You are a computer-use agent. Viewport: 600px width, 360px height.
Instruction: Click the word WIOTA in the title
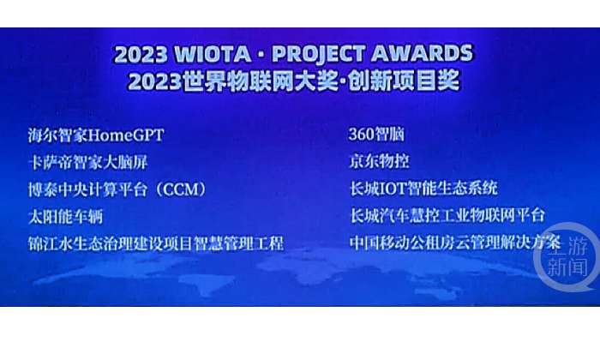(x=213, y=54)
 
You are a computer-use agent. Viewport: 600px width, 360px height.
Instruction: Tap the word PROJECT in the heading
(x=318, y=54)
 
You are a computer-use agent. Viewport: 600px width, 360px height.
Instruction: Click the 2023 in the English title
(x=141, y=55)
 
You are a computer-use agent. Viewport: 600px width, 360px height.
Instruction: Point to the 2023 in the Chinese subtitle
(x=154, y=81)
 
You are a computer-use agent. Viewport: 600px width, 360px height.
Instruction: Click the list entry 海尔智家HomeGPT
(x=96, y=135)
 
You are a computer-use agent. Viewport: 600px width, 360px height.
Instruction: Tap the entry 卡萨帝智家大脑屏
(x=88, y=163)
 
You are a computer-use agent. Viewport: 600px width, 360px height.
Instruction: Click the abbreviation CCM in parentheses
(x=181, y=189)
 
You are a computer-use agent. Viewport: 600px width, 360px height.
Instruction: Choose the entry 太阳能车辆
(x=65, y=217)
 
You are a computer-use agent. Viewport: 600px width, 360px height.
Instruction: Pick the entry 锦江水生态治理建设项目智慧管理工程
(x=156, y=243)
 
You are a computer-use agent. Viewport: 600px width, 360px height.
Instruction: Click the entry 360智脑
(x=376, y=135)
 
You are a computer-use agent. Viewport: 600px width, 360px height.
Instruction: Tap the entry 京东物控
(x=379, y=161)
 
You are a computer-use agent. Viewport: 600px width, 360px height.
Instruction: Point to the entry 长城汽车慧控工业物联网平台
(x=447, y=215)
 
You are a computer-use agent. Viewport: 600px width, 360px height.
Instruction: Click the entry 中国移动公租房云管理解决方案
(x=455, y=243)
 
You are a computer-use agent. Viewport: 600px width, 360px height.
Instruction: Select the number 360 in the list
(x=361, y=135)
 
